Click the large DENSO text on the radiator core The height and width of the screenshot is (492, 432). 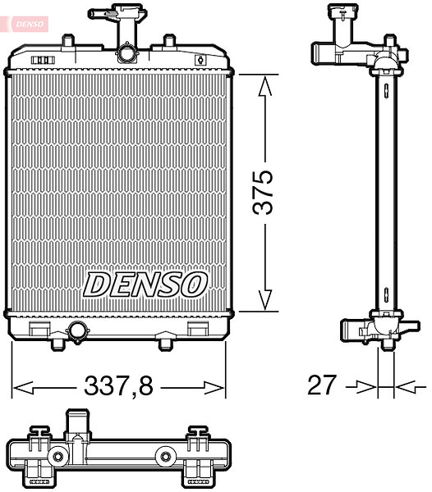pos(145,285)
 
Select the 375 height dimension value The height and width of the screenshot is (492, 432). pos(263,193)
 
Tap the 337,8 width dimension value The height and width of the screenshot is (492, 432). pos(118,385)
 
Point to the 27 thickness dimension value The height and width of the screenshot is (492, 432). pos(322,385)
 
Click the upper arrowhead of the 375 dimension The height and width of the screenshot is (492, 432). pos(264,85)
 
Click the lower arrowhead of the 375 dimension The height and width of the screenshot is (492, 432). pos(264,300)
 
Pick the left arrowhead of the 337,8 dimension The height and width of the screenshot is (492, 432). pos(23,388)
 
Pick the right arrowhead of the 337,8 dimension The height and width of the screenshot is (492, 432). pos(214,388)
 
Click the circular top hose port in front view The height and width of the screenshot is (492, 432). pos(126,53)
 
